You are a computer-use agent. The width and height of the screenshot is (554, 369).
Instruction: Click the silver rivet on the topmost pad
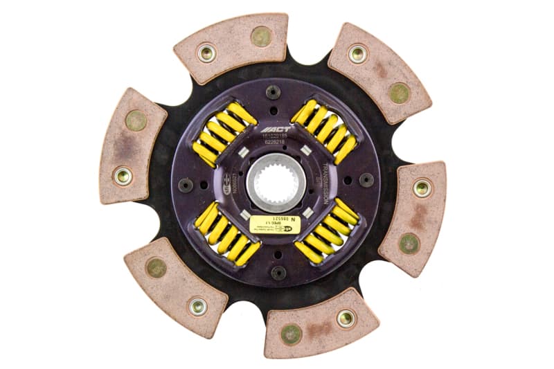[206, 53]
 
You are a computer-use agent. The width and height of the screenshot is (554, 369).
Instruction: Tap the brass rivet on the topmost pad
[260, 37]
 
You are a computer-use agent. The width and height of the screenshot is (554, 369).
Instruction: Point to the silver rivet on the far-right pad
[422, 188]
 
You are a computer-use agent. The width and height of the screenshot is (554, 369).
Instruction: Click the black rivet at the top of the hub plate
[274, 91]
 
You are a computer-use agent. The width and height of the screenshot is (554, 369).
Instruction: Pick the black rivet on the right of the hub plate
[366, 180]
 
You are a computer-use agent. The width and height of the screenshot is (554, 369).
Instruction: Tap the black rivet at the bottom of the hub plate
[278, 272]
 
